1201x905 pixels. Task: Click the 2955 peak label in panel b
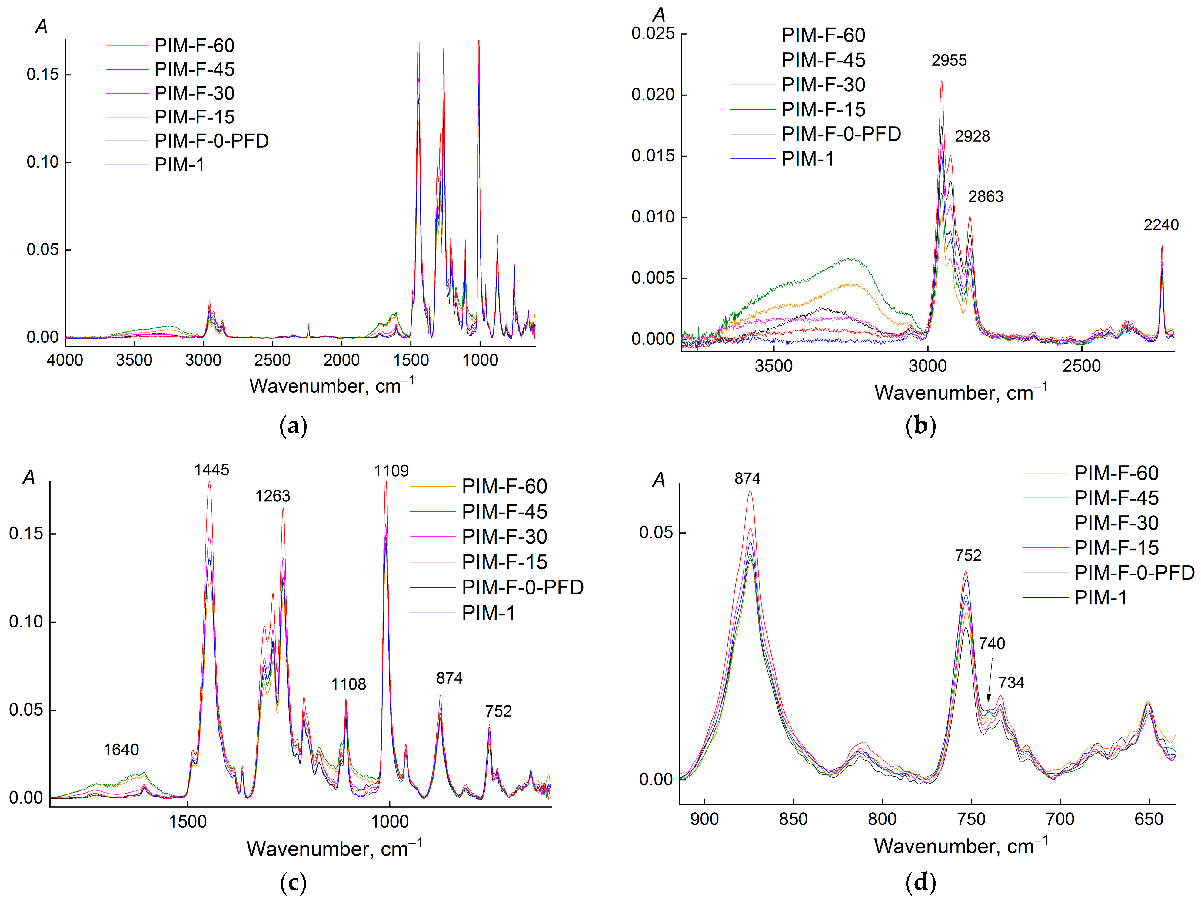point(949,60)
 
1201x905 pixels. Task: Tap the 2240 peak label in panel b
point(1160,225)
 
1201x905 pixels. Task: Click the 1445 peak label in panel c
point(212,470)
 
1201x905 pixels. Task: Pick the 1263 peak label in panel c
point(273,496)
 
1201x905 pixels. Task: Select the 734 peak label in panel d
point(1011,682)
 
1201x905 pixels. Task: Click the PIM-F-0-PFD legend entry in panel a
point(211,141)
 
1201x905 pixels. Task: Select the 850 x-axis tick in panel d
point(793,819)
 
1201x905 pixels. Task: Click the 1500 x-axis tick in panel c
point(187,821)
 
